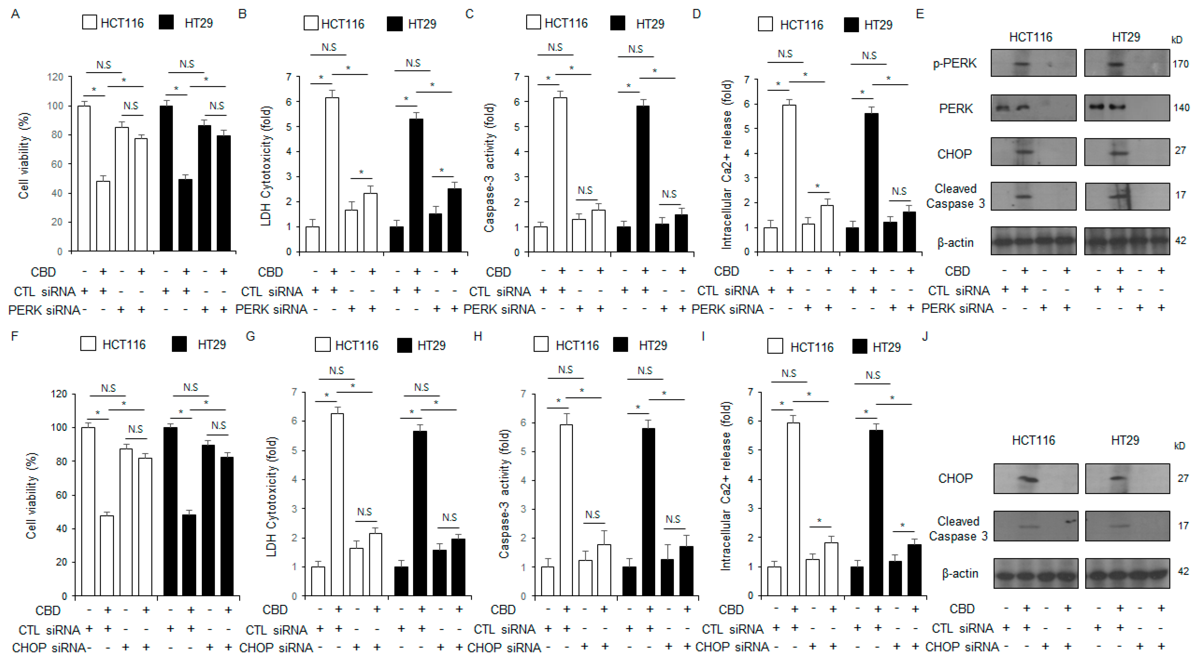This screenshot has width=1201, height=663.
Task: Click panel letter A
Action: coord(15,14)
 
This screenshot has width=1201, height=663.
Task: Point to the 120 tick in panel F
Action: coord(59,394)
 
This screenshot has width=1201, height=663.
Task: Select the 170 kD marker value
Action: coord(1180,64)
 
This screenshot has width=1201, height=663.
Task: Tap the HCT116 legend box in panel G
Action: coord(323,345)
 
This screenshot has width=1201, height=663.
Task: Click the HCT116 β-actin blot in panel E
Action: coord(1033,241)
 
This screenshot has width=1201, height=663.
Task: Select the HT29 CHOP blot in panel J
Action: coord(1127,478)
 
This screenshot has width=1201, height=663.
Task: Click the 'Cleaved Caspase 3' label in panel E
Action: coord(955,196)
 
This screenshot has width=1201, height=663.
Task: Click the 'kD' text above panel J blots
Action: coord(1180,446)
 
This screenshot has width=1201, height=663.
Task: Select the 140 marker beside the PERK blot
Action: coord(1181,108)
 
